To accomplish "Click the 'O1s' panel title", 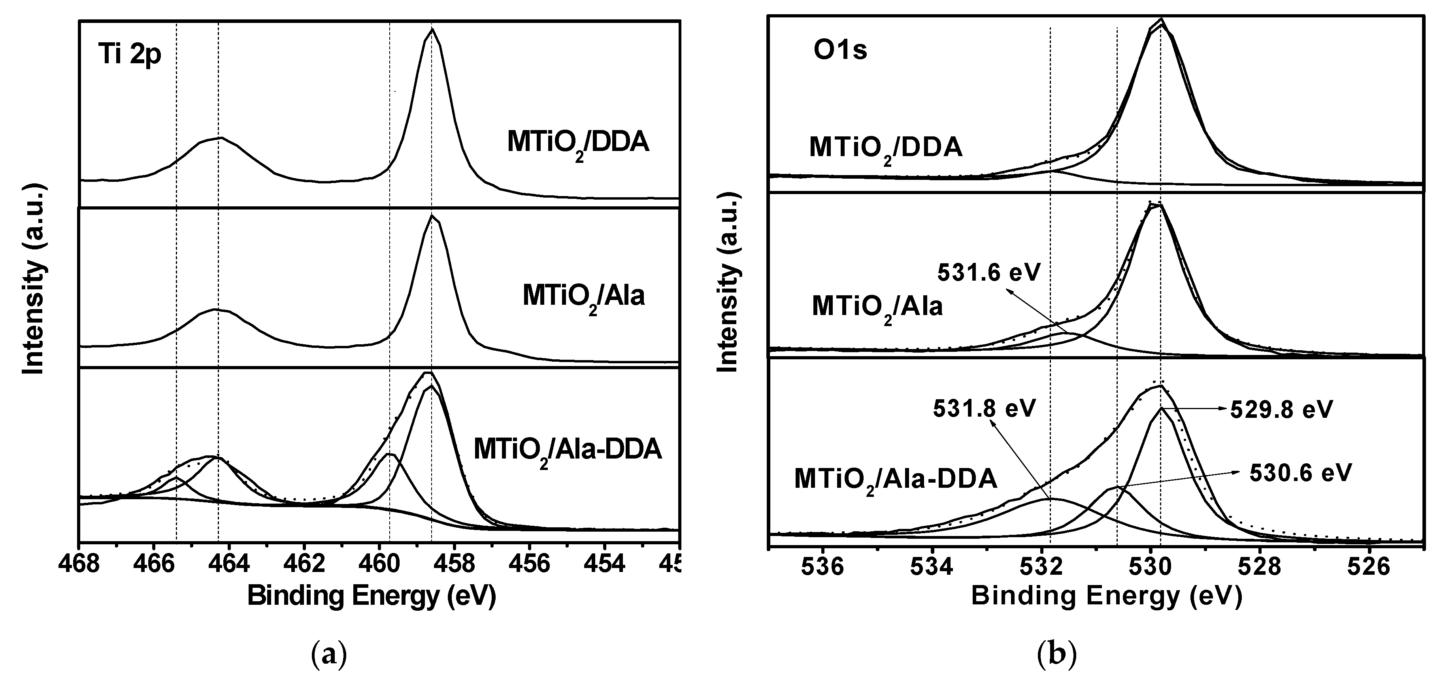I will click(x=840, y=51).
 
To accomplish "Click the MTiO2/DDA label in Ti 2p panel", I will click(x=578, y=144).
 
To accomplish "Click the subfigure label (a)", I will click(x=329, y=654).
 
